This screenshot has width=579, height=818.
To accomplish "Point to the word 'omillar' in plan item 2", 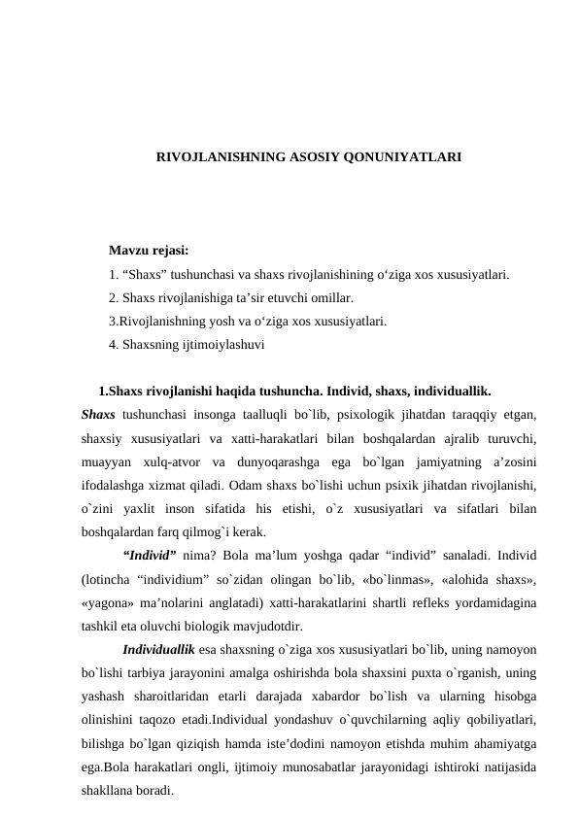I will pos(327,297).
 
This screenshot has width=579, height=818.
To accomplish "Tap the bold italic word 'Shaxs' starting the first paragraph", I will pos(99,414).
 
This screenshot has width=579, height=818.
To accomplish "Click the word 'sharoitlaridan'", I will pos(174,697).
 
